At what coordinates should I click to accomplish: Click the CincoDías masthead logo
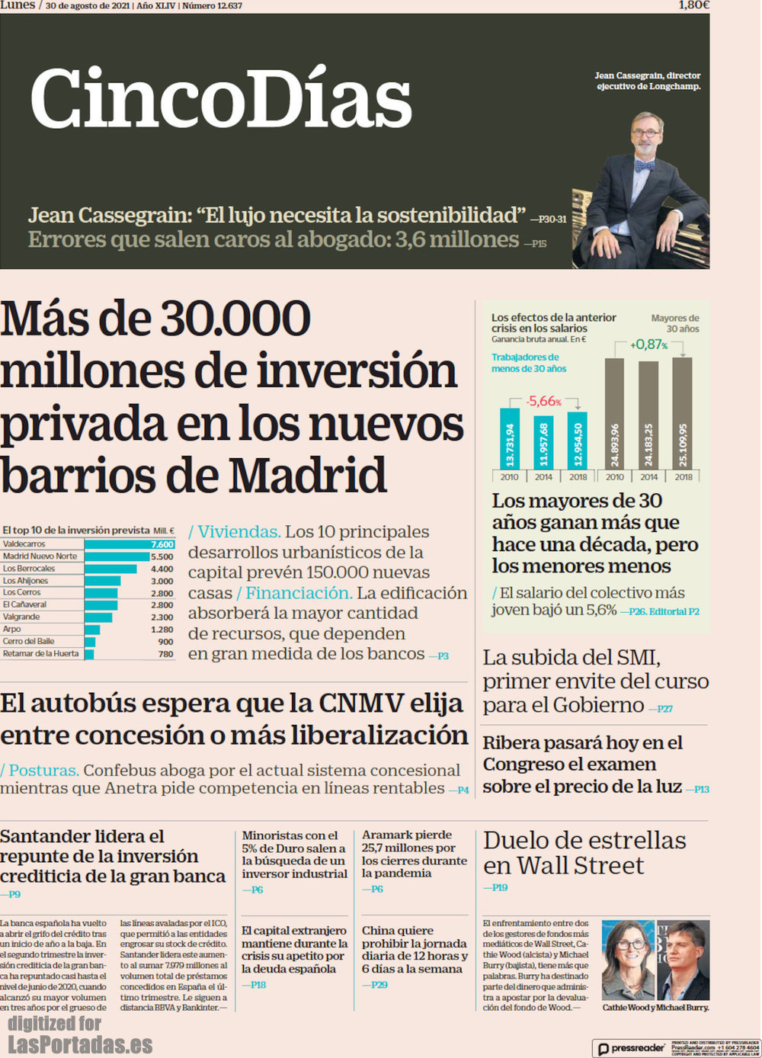(x=221, y=100)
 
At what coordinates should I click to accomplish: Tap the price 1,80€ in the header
(x=693, y=5)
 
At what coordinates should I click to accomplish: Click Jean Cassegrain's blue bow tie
(x=645, y=165)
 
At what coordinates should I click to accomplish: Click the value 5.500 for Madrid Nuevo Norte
(x=162, y=556)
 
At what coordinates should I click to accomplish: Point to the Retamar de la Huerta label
(x=40, y=653)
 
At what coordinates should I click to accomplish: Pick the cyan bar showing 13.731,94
(x=509, y=439)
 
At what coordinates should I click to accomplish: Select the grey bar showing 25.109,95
(x=683, y=413)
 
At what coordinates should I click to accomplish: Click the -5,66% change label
(x=543, y=401)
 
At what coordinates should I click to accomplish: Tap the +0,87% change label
(x=648, y=345)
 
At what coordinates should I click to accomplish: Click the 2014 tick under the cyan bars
(x=543, y=477)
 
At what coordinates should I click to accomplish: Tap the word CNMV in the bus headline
(x=361, y=703)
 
